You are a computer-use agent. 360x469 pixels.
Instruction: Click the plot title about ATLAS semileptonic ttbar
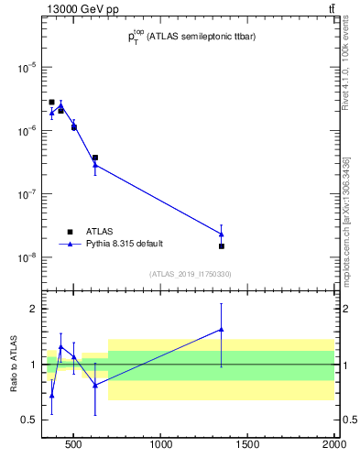[191, 38]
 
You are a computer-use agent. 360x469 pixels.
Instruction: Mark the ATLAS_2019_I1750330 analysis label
[190, 274]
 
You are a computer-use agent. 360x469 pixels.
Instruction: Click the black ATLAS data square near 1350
[222, 245]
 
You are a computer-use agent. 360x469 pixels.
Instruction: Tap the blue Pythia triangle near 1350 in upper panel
[222, 234]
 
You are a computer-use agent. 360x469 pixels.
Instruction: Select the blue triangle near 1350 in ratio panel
[222, 329]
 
